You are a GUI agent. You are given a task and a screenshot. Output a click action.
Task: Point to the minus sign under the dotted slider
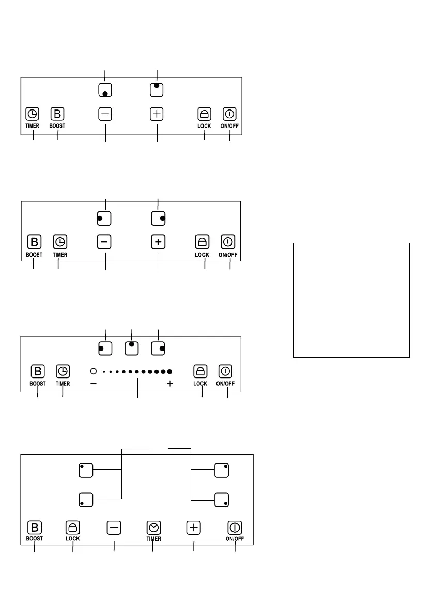click(x=94, y=384)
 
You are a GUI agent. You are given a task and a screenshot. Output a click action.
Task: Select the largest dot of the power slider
click(x=169, y=371)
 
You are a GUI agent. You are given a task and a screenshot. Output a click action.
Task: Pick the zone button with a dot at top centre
click(x=132, y=348)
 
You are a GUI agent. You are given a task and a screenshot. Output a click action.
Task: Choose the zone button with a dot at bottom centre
click(x=105, y=90)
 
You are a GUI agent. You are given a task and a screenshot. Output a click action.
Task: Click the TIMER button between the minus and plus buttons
click(x=153, y=527)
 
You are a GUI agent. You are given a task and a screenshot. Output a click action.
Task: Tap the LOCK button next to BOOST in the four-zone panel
click(x=73, y=527)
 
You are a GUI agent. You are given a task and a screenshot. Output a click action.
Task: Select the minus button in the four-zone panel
click(x=114, y=527)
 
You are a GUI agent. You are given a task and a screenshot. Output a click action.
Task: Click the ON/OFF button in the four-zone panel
click(x=235, y=527)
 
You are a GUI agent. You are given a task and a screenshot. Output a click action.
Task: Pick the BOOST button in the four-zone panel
click(x=35, y=527)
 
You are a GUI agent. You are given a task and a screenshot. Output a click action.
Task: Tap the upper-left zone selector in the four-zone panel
click(x=86, y=470)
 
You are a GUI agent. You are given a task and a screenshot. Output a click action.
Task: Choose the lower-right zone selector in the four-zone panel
click(x=222, y=499)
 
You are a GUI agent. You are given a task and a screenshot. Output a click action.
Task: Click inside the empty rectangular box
click(x=351, y=300)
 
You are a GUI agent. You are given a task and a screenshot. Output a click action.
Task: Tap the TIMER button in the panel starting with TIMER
click(x=33, y=114)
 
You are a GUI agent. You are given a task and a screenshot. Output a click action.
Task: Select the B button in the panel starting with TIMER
click(x=57, y=114)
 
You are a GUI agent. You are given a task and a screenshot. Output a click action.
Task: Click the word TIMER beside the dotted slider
click(x=63, y=384)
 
